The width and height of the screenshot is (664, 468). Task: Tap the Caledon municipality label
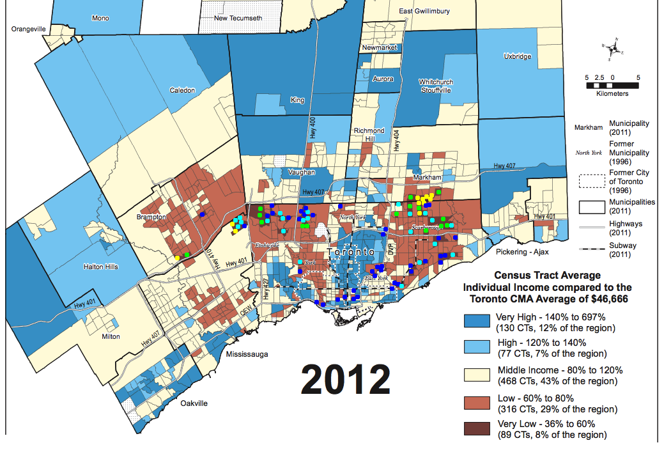tap(182, 91)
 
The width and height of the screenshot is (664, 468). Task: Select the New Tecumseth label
tap(238, 18)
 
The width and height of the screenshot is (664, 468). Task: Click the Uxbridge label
tap(517, 56)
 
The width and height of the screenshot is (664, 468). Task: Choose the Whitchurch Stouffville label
tap(435, 86)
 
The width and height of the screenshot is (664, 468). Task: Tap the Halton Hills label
tap(101, 266)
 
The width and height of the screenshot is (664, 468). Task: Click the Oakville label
tap(194, 403)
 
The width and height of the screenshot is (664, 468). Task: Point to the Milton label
tap(110, 336)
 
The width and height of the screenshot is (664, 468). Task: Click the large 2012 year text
tap(345, 380)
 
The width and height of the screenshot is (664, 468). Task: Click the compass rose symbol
tap(613, 48)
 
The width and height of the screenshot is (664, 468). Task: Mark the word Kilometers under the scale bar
tap(612, 93)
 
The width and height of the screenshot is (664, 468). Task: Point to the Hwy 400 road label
tap(313, 129)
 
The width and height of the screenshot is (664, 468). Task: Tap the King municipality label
tap(297, 100)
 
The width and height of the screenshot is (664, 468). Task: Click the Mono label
tap(100, 18)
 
